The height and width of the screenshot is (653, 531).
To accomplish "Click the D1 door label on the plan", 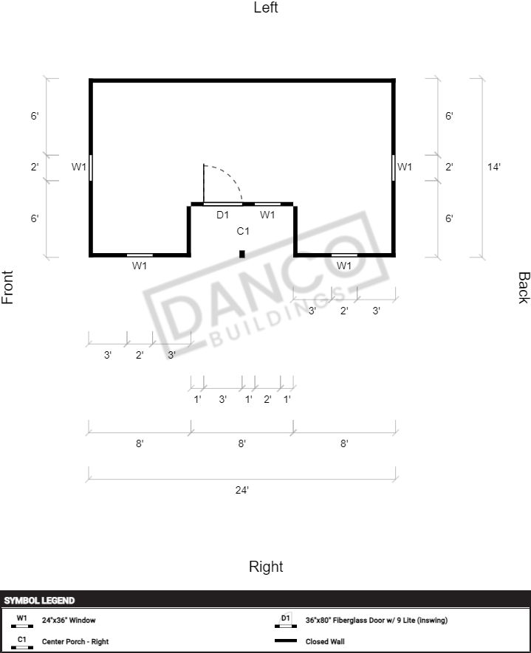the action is (222, 215).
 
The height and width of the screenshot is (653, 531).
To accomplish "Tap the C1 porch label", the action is (243, 231).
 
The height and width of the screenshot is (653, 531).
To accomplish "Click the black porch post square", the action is (242, 254).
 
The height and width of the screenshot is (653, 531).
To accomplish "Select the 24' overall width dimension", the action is (242, 490).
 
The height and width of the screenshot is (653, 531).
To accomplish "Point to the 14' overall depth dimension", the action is (494, 167).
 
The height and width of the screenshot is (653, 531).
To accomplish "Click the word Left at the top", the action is (266, 7).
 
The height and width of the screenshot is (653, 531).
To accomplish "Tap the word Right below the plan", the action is (266, 567).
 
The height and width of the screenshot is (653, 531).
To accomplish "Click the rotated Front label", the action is (7, 287).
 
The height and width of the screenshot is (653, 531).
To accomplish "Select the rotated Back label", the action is (524, 288).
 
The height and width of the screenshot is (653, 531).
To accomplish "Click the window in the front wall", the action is (91, 167).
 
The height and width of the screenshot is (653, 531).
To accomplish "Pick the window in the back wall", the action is (394, 167).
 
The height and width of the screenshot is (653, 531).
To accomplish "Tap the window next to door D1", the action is (267, 204).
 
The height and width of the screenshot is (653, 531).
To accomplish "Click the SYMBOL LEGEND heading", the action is (40, 601).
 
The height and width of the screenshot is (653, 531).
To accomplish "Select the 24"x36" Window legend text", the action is (69, 620).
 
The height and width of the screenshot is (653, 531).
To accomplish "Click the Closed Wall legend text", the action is (325, 641).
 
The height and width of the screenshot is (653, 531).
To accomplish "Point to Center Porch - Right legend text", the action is (75, 641).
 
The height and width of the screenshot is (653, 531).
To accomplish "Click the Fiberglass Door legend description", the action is (377, 620).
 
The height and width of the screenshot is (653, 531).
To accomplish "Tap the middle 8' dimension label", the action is (242, 443).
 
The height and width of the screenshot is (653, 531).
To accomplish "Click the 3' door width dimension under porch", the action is (223, 399).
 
